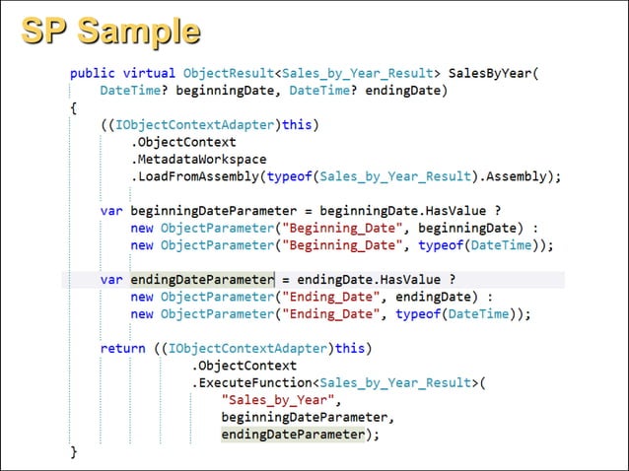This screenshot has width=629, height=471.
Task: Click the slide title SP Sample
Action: tap(110, 33)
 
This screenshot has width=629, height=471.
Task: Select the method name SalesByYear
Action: tap(490, 72)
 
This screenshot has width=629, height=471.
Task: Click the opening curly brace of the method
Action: tap(73, 107)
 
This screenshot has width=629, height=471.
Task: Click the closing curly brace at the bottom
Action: tap(73, 451)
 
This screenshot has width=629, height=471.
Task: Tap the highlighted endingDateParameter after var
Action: tap(201, 279)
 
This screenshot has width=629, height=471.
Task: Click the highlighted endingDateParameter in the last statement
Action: tap(293, 434)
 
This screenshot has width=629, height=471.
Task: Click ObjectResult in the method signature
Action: tap(228, 72)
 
